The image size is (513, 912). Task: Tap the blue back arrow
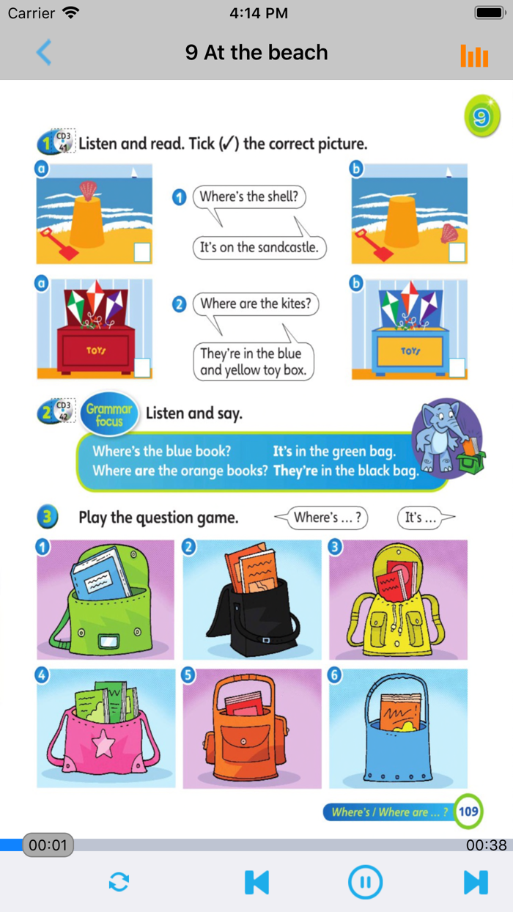[x=43, y=52]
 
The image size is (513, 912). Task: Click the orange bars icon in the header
[x=474, y=56]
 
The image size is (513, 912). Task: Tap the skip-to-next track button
[x=476, y=882]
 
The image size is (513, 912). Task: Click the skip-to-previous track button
[x=256, y=882]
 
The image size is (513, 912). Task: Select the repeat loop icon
[x=119, y=882]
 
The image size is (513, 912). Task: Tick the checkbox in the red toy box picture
[x=142, y=367]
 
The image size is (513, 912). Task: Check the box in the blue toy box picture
[x=457, y=367]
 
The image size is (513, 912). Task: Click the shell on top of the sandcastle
[x=88, y=191]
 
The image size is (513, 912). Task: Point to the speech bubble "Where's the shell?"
[x=249, y=197]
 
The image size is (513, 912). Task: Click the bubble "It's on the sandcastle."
[x=259, y=248]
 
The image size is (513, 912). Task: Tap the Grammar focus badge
[x=109, y=414]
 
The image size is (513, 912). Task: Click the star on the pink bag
[x=103, y=743]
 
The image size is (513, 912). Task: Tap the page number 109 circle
[x=468, y=812]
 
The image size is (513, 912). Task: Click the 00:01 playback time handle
[x=48, y=845]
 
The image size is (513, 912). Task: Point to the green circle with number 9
[x=482, y=117]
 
